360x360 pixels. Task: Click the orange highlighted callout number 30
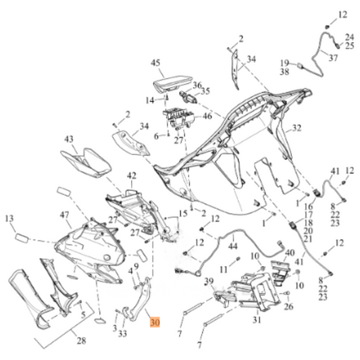pyautogui.click(x=155, y=323)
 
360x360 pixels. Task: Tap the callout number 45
pyautogui.click(x=155, y=63)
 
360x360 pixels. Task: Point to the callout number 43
pyautogui.click(x=69, y=138)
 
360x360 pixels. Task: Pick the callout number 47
pyautogui.click(x=65, y=215)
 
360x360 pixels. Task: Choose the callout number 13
pyautogui.click(x=9, y=218)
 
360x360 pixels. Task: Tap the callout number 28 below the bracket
pyautogui.click(x=81, y=342)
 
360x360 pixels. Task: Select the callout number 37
pyautogui.click(x=332, y=58)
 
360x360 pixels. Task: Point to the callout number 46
pyautogui.click(x=207, y=116)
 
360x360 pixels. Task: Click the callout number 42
pyautogui.click(x=131, y=176)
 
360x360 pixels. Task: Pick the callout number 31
pyautogui.click(x=257, y=319)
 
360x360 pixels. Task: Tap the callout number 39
pyautogui.click(x=209, y=281)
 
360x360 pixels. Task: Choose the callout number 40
pyautogui.click(x=290, y=254)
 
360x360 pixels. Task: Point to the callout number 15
pyautogui.click(x=182, y=214)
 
